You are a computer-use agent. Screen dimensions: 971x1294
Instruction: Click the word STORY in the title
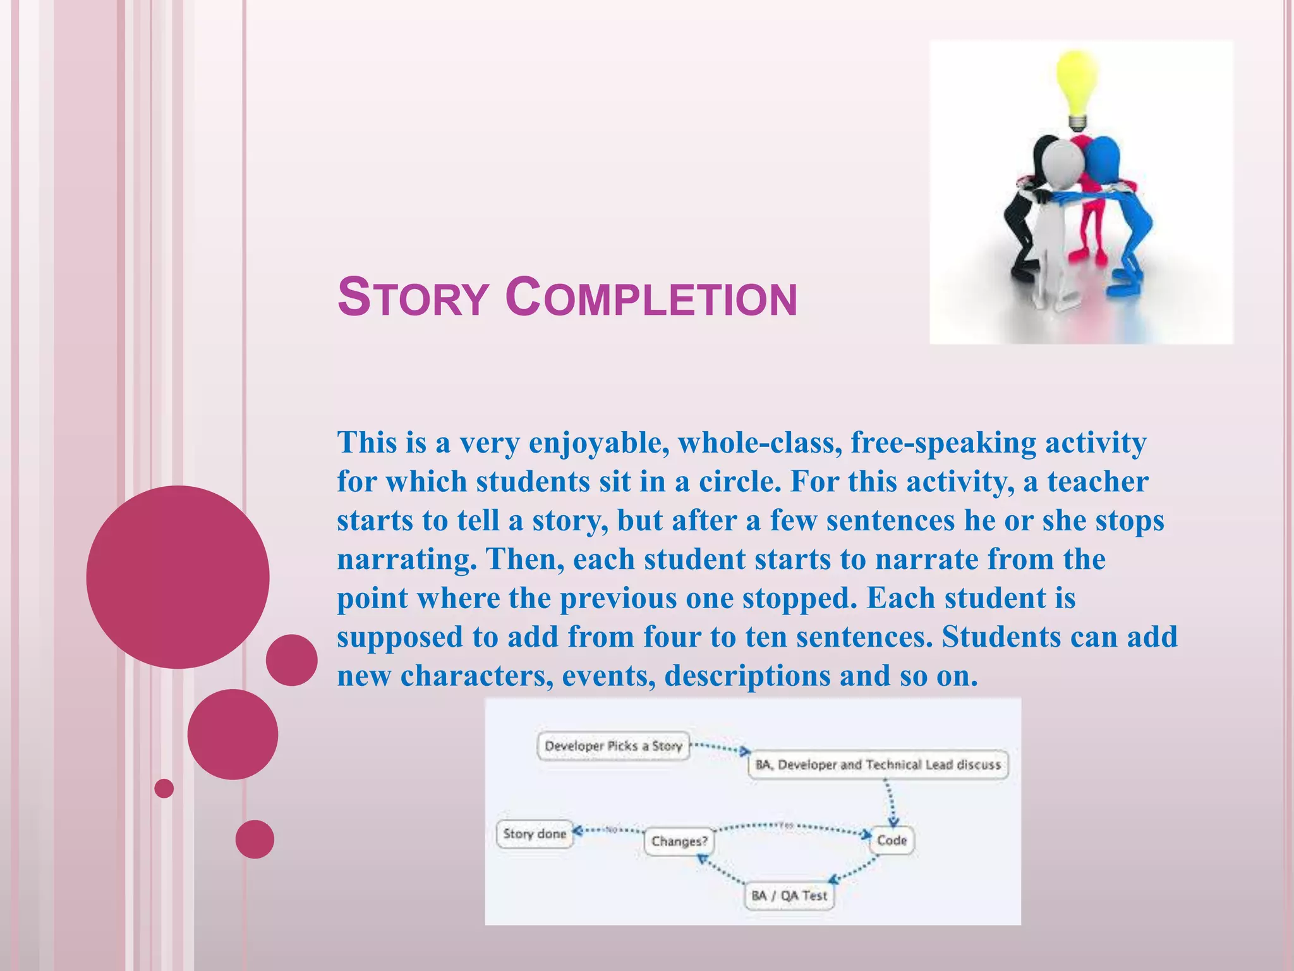pyautogui.click(x=413, y=298)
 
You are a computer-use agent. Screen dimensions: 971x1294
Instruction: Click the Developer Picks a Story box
pyautogui.click(x=613, y=747)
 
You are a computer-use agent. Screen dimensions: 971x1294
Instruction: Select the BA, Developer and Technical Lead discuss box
pyautogui.click(x=878, y=765)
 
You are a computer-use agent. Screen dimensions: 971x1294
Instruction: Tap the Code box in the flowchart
pyautogui.click(x=892, y=841)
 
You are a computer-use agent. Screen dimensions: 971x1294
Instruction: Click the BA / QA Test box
pyautogui.click(x=789, y=896)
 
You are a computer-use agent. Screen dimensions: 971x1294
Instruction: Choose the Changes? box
pyautogui.click(x=679, y=841)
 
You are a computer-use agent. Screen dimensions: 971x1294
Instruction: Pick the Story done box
pyautogui.click(x=535, y=834)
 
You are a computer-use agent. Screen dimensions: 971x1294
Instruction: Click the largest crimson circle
pyautogui.click(x=178, y=577)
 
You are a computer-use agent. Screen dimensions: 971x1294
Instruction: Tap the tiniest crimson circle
pyautogui.click(x=164, y=788)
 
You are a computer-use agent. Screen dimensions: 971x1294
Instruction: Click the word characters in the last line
pyautogui.click(x=476, y=676)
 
